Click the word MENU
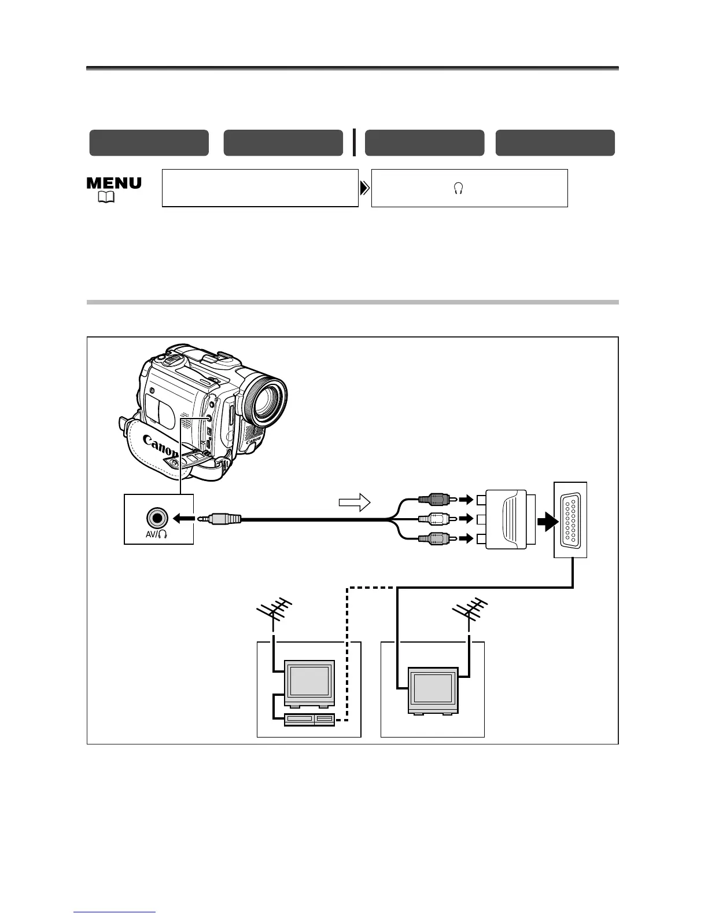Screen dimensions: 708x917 [114, 184]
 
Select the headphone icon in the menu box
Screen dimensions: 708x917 [458, 189]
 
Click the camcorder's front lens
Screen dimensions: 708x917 [266, 402]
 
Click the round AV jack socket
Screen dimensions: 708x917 [157, 516]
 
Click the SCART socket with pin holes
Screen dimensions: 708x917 [571, 519]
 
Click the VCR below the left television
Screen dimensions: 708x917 [309, 720]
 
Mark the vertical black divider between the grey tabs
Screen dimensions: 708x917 [354, 142]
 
